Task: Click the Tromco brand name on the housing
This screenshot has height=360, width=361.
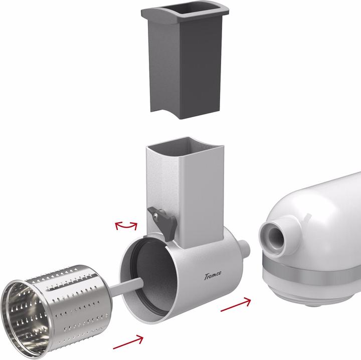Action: pyautogui.click(x=213, y=275)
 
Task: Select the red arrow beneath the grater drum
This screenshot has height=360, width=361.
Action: pyautogui.click(x=128, y=342)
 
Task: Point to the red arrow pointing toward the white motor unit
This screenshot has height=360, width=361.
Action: pyautogui.click(x=236, y=304)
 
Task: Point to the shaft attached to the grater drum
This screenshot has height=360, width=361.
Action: pyautogui.click(x=127, y=287)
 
